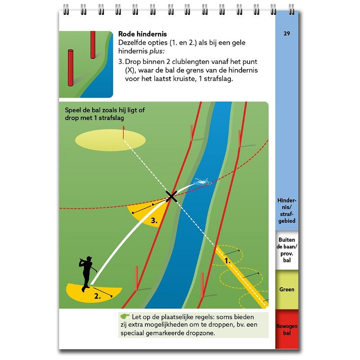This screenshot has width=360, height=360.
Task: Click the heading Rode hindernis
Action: [142, 34]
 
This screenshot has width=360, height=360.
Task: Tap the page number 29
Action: [287, 33]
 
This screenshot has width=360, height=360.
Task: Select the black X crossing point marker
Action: [171, 197]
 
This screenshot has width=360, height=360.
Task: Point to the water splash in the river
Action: [202, 182]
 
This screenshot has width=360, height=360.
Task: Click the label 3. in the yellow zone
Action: [154, 221]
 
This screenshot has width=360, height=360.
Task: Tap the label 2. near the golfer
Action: [97, 296]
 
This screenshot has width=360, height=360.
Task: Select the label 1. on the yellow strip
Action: [227, 261]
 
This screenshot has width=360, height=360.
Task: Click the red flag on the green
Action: [123, 132]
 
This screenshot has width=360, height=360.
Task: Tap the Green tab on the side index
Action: [287, 289]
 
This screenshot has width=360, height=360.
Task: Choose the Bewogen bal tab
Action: [287, 329]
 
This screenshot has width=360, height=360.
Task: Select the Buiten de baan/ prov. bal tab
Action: [287, 250]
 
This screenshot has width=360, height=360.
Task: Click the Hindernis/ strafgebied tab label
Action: [287, 211]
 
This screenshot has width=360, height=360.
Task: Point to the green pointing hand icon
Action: [125, 316]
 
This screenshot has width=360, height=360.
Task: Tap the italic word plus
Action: [157, 51]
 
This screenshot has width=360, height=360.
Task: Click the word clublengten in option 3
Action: [193, 62]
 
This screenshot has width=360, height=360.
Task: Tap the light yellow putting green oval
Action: [110, 140]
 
